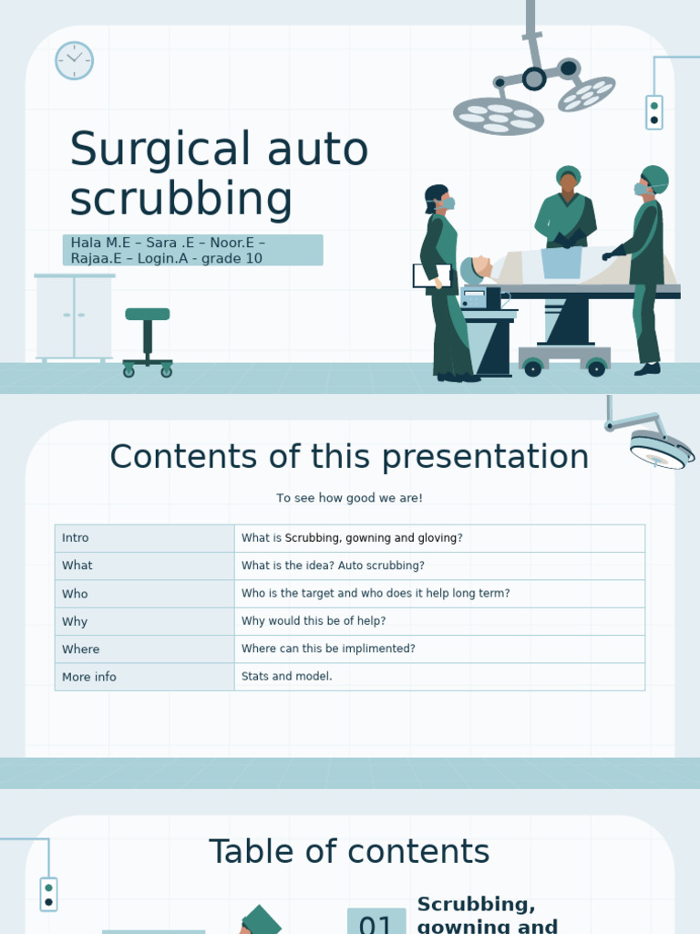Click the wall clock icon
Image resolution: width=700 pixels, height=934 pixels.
tap(74, 60)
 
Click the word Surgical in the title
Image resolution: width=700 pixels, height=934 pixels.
tap(160, 150)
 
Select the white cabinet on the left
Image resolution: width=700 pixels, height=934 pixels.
tap(74, 317)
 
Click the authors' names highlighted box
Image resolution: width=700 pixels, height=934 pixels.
tap(192, 250)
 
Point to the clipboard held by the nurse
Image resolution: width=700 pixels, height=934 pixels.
tap(431, 275)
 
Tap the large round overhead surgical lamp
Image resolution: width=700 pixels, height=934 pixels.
tap(498, 116)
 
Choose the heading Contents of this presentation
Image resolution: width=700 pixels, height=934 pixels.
tap(349, 457)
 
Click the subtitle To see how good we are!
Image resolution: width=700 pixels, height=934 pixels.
tap(349, 498)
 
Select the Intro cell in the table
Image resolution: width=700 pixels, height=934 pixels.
tap(76, 538)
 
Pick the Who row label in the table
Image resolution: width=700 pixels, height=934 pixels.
tap(75, 594)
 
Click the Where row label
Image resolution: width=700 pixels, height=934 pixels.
tap(80, 649)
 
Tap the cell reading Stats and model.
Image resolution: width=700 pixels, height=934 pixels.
tap(287, 677)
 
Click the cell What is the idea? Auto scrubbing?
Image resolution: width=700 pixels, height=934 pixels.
tap(333, 566)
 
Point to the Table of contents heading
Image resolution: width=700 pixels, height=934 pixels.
tap(349, 852)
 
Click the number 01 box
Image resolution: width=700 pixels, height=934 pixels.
tap(376, 923)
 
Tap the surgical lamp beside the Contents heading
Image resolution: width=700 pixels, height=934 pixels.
tap(656, 447)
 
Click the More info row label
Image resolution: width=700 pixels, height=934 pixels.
tap(89, 677)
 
